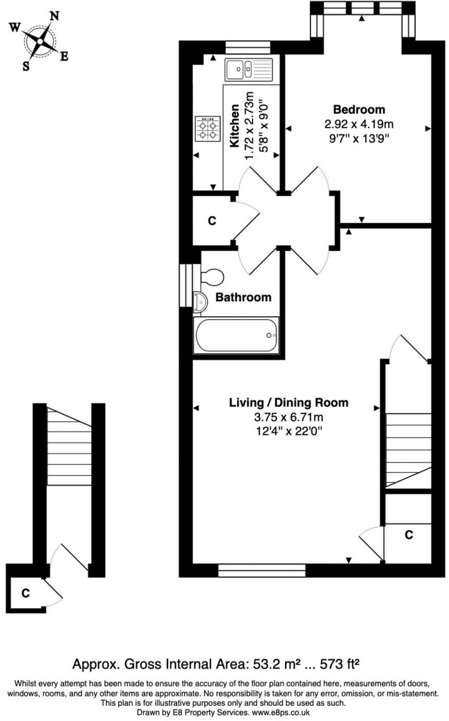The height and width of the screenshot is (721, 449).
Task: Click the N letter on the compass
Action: click(x=54, y=16)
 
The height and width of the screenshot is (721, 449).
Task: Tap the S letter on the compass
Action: click(x=26, y=66)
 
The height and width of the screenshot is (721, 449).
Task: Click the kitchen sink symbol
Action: click(x=248, y=68)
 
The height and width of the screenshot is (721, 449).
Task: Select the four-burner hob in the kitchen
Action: click(x=207, y=129)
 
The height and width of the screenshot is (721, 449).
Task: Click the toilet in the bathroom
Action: click(x=211, y=277)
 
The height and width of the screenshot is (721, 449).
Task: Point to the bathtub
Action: click(x=236, y=335)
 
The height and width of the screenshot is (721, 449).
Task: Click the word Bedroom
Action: click(x=359, y=109)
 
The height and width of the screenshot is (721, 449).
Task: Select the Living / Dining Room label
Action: click(x=289, y=403)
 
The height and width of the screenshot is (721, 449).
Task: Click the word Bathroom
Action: click(x=243, y=297)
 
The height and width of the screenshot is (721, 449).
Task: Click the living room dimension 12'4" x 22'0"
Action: click(x=289, y=431)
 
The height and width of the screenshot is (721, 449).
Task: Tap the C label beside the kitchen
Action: click(x=211, y=221)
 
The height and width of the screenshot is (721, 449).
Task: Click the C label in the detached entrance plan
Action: click(x=25, y=593)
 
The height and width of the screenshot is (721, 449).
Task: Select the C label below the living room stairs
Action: click(x=409, y=535)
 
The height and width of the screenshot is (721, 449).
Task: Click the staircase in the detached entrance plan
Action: click(x=69, y=446)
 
